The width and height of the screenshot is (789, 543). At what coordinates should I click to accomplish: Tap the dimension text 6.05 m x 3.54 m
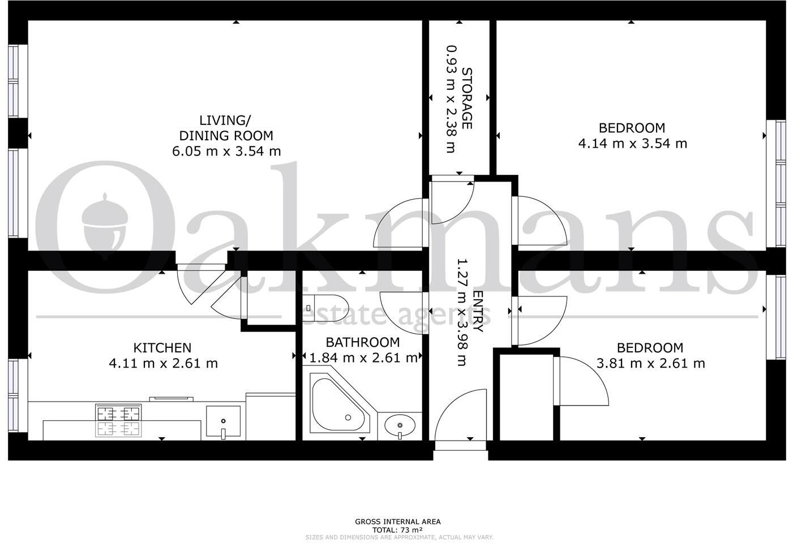point(226,151)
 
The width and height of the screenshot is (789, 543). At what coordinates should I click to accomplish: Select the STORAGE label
point(467,98)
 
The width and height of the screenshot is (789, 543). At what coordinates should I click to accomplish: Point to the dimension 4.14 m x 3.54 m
point(632,143)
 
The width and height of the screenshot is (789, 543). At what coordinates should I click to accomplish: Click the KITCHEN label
point(162,347)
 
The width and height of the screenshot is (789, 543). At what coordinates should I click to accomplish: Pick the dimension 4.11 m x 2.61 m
point(163,363)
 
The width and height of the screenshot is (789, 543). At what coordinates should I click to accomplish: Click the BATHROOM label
point(362,342)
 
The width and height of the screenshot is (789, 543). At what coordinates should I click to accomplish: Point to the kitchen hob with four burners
point(118,421)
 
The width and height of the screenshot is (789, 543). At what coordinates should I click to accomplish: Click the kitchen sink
point(223,422)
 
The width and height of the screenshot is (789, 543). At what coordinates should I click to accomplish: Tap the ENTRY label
point(478,311)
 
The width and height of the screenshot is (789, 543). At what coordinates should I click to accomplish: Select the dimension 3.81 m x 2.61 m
point(650,363)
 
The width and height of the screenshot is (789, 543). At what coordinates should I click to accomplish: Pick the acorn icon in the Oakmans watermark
point(105,223)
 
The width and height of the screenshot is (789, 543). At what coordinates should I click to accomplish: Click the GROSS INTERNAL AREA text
point(397,522)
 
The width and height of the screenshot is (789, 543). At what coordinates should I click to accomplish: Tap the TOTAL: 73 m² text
point(397,529)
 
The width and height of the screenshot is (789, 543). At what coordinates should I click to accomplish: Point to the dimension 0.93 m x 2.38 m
point(451,99)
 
